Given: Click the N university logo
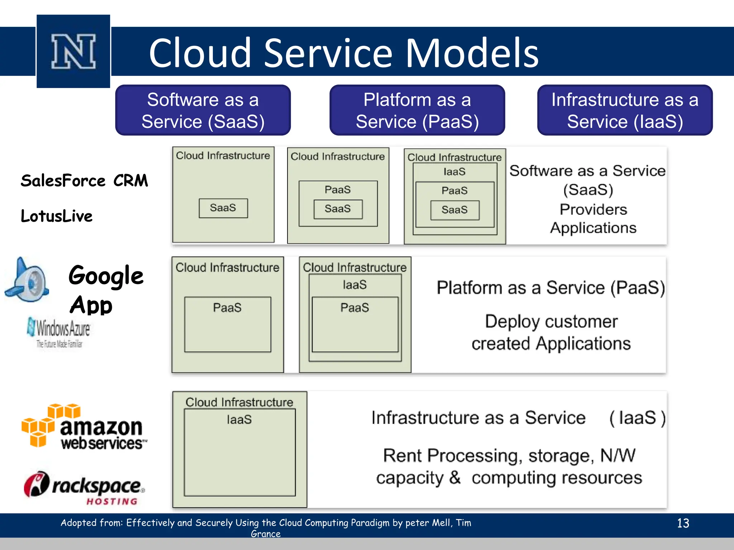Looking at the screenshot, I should point(73,51).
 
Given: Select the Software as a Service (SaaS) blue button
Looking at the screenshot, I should point(203,110).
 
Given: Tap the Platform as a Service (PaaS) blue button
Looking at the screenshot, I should point(417,110).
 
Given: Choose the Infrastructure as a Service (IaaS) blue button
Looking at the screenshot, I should point(625,110).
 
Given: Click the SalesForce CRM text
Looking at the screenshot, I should point(84,180).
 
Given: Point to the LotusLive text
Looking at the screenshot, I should point(57,216).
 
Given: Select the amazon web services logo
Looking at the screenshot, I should point(84,427).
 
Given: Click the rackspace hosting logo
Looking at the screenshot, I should point(84,488).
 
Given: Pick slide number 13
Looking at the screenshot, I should point(683,523).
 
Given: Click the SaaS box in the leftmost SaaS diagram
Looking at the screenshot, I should point(223,208).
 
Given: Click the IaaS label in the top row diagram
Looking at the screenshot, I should point(454,172).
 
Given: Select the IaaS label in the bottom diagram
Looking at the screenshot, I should point(239,419).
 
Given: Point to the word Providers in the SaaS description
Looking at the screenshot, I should point(593,209).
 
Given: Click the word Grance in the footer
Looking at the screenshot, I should point(266,534).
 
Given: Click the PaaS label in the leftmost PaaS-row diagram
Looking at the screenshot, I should point(227,308).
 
